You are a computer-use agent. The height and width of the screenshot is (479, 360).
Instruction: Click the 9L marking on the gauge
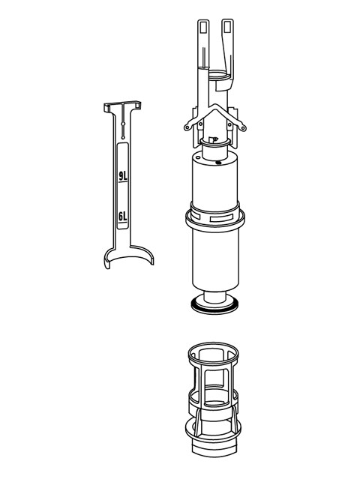[x=124, y=177]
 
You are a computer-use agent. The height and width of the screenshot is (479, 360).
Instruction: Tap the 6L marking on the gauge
[x=124, y=217]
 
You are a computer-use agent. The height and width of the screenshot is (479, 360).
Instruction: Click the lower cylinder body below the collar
[x=216, y=259]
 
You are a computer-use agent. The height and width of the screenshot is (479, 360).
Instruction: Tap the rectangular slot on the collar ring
[x=222, y=218]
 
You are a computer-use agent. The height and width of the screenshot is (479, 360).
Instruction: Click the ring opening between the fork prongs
[x=217, y=75]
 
